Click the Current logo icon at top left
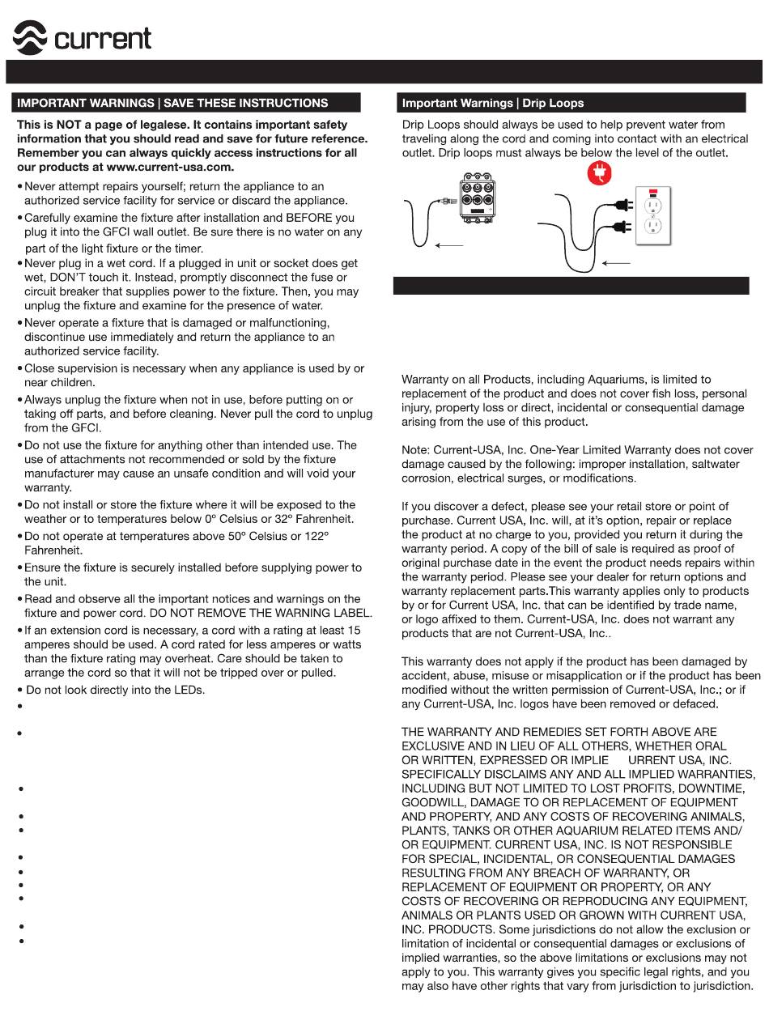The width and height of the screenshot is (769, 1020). click(31, 37)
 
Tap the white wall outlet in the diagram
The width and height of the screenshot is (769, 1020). click(654, 216)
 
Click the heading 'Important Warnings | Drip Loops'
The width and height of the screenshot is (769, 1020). click(493, 104)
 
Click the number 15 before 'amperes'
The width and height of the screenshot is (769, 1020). click(354, 630)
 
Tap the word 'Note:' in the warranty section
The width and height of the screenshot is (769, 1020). click(416, 450)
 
